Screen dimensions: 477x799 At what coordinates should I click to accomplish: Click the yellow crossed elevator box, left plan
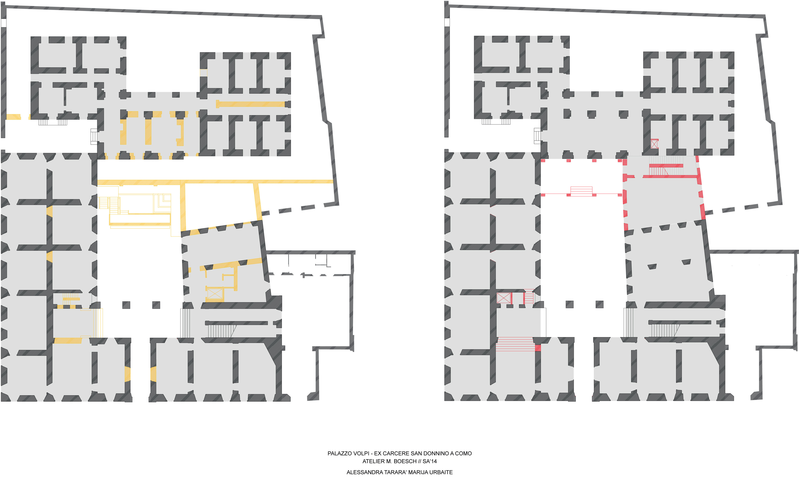(215, 293)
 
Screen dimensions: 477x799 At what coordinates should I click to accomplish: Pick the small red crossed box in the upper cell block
(654, 144)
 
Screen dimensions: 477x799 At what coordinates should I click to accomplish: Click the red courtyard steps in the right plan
(581, 191)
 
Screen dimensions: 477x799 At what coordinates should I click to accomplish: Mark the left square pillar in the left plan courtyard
(126, 305)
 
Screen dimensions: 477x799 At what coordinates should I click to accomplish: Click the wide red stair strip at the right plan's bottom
(515, 344)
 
